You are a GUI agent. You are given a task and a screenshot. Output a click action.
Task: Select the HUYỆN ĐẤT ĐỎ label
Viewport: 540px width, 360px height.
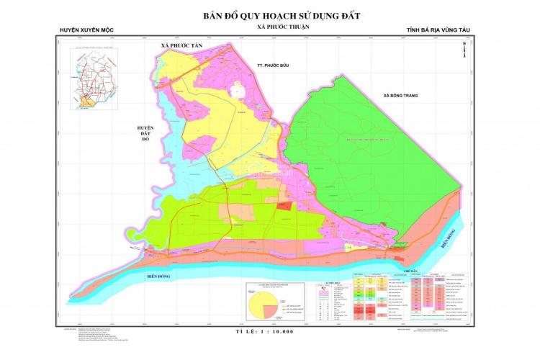coord(145,133)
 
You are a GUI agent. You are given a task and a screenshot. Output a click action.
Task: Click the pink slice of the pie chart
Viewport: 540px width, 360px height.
coord(272,310)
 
